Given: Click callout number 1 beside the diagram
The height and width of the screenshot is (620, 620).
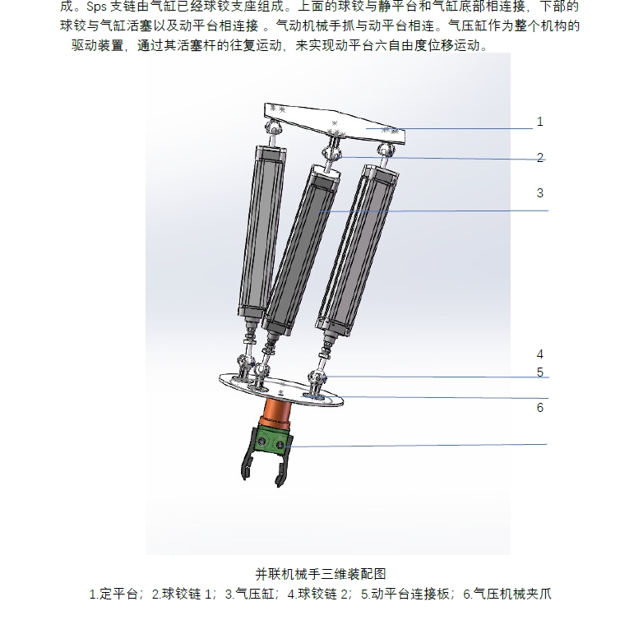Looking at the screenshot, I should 540,122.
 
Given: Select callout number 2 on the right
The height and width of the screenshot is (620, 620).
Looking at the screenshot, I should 540,158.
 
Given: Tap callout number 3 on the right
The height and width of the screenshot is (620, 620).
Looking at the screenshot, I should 540,193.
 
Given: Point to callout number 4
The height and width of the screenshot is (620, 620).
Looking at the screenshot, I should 540,355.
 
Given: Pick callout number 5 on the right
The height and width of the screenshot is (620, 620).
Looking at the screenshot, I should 540,372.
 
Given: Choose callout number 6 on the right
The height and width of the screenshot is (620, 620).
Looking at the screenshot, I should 540,408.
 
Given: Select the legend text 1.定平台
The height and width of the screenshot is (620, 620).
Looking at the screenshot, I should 116,593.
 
